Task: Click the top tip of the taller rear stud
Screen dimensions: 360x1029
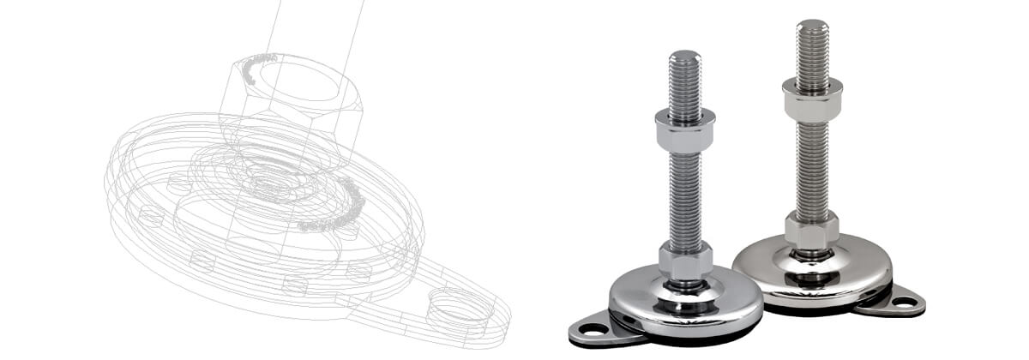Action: coord(812,24)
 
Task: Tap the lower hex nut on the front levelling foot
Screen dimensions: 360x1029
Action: coord(685,261)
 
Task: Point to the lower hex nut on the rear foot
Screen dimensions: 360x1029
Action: coord(811,230)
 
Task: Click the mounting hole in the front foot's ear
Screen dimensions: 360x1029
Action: coord(588,328)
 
